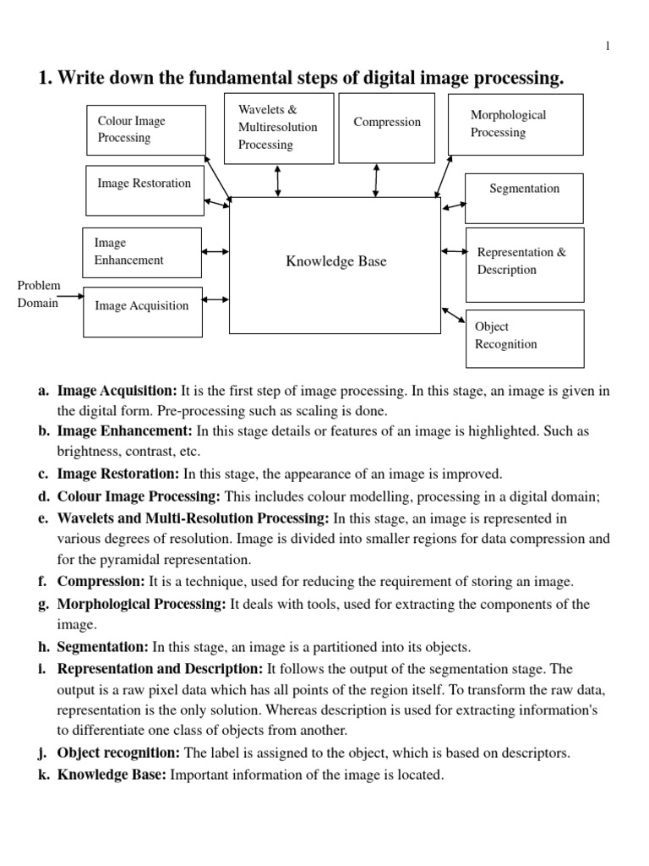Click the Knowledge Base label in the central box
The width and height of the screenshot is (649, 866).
[x=335, y=261]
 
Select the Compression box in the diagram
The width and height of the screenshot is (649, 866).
[x=387, y=128]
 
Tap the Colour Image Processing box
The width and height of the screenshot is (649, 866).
[x=145, y=130]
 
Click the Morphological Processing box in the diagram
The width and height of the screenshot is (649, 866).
[x=515, y=124]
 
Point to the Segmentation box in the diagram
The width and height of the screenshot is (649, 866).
[x=524, y=189]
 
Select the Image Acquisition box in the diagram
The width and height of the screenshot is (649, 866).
[x=143, y=307]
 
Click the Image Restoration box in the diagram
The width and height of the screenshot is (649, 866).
[x=145, y=190]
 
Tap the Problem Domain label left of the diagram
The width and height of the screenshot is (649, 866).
[x=39, y=295]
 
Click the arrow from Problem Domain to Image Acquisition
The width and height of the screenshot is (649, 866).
[x=70, y=296]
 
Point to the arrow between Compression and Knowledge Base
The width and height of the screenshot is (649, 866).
[x=376, y=180]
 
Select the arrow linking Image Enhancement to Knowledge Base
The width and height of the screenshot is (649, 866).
[x=215, y=251]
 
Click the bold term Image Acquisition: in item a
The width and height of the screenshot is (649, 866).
[x=117, y=391]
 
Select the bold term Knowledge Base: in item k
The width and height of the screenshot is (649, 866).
[x=112, y=774]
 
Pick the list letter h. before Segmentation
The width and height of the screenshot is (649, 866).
[x=43, y=647]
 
